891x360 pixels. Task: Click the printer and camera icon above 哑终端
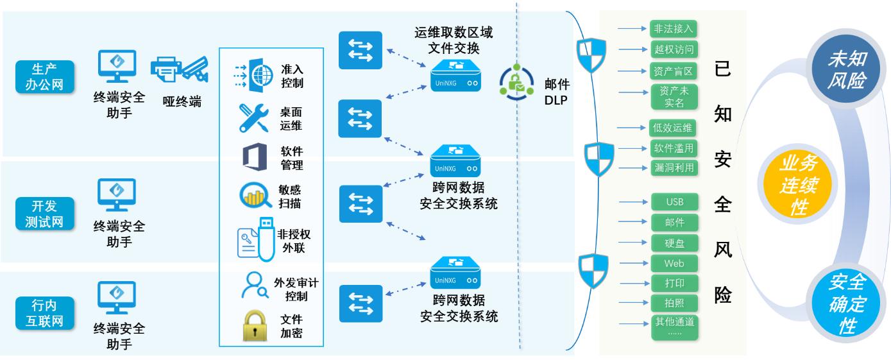(x=180, y=69)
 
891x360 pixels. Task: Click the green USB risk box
(x=674, y=202)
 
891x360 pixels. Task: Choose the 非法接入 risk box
(x=673, y=29)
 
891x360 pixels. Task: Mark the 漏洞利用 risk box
(x=673, y=167)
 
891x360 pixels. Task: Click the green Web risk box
(x=674, y=263)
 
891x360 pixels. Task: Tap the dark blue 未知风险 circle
(x=845, y=70)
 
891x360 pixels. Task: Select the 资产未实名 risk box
(x=673, y=97)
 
